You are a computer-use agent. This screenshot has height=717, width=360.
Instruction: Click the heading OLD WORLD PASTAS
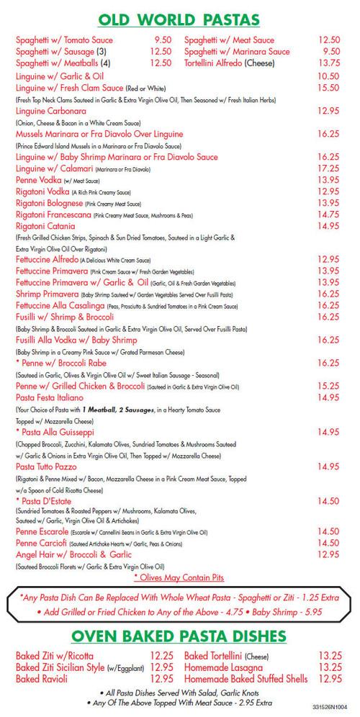tap(179, 18)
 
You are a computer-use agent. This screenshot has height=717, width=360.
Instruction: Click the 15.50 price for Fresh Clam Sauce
tap(328, 87)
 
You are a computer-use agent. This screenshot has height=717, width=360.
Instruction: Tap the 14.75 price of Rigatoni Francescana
tap(328, 214)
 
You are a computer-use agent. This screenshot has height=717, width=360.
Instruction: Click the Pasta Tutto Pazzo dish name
tap(52, 466)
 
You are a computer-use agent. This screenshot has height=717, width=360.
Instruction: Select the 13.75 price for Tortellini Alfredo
tap(328, 63)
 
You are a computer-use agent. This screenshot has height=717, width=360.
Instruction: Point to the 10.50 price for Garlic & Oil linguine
tap(328, 76)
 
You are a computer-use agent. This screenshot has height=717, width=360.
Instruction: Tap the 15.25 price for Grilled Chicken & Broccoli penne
tap(328, 385)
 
